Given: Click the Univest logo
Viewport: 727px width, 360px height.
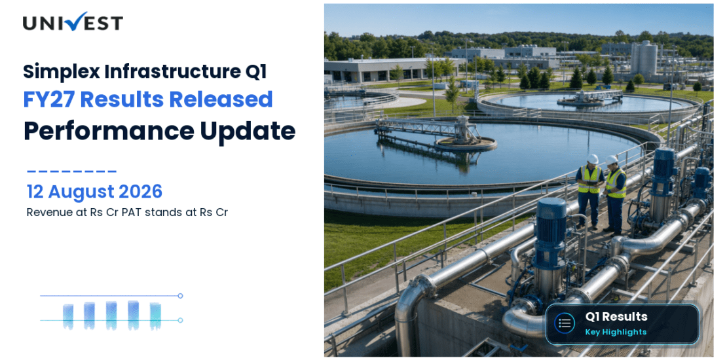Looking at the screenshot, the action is tap(73, 22).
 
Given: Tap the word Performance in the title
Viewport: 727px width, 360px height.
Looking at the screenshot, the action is tap(109, 132).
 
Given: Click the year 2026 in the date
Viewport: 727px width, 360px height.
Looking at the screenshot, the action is tap(140, 191).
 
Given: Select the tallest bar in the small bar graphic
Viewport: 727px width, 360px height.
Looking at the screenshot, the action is tap(133, 315).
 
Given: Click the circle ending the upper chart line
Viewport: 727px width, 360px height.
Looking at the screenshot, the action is tap(180, 296).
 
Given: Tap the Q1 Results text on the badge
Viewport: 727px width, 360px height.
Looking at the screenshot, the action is tap(616, 317).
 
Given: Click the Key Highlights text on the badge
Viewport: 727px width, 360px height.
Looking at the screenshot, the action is tap(615, 332).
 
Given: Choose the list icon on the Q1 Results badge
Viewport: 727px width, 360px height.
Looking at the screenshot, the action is tap(565, 323).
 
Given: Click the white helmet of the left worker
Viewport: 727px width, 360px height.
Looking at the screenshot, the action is tap(593, 159).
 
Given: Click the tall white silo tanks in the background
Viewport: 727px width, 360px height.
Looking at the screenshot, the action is tap(644, 58).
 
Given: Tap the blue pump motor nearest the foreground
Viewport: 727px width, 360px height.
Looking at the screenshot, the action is tap(550, 232).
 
